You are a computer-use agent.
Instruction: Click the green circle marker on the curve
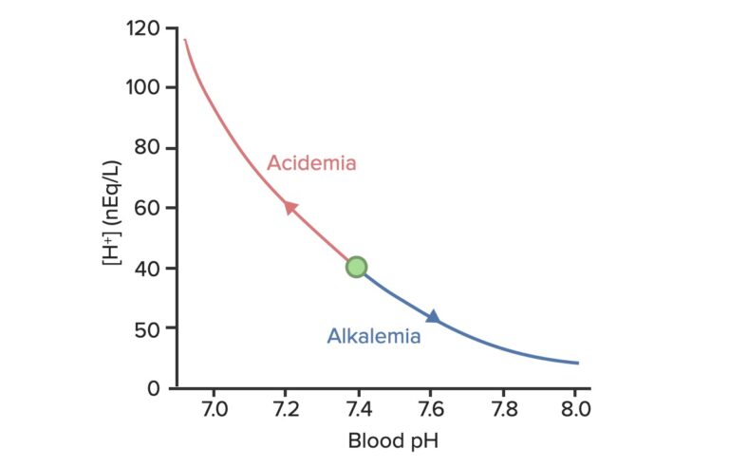[x=356, y=268]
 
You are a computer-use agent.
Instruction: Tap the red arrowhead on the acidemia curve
[x=290, y=207]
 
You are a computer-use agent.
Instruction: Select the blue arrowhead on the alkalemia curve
[x=433, y=316]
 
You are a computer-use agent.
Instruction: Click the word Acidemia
[x=311, y=163]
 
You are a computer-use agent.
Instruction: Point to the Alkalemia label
[x=374, y=336]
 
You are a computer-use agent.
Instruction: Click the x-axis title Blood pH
[x=393, y=440]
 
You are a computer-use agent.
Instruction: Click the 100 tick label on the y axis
[x=141, y=87]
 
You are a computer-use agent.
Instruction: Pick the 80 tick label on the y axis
[x=145, y=147]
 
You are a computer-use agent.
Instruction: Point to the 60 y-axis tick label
[x=145, y=208]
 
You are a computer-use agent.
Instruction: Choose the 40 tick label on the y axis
[x=145, y=268]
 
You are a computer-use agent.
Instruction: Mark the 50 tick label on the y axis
[x=145, y=327]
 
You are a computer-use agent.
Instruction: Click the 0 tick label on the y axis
[x=151, y=387]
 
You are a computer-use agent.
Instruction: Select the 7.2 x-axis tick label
[x=286, y=410]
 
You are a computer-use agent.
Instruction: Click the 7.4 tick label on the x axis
[x=359, y=410]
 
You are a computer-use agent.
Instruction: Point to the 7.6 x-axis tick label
[x=432, y=410]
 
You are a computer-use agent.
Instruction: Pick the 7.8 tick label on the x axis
[x=504, y=410]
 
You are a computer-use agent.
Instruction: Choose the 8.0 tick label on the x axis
[x=576, y=410]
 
